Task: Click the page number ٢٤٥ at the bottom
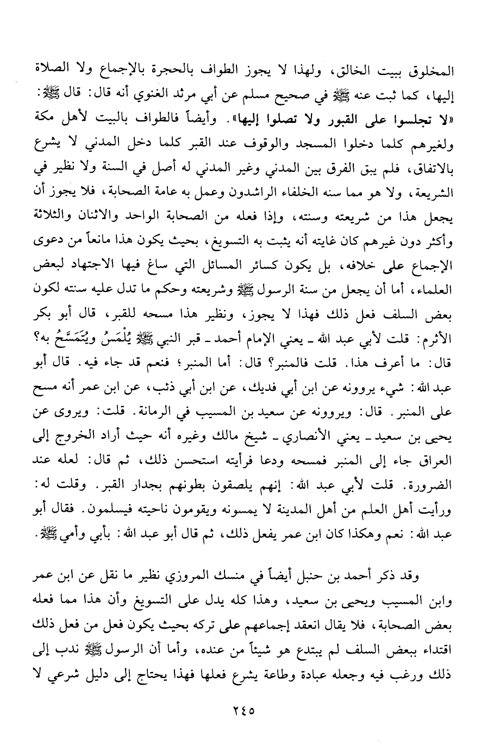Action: tap(240, 710)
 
